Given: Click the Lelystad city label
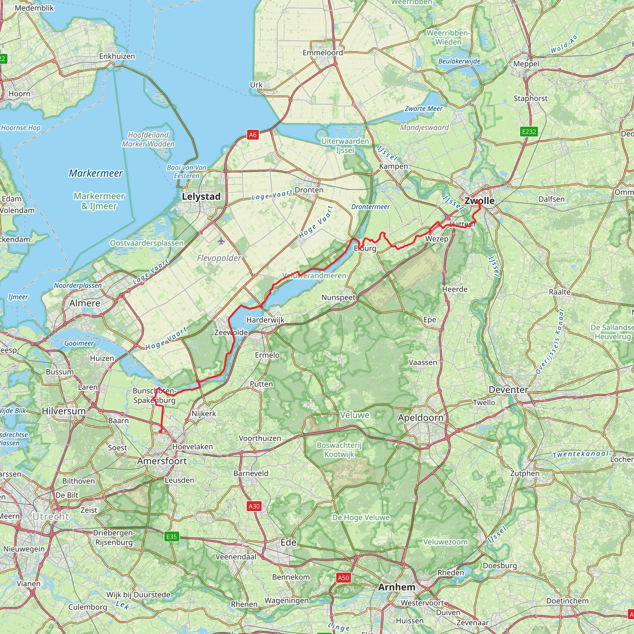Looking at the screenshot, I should (x=201, y=197).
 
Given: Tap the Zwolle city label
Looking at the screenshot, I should (x=480, y=201).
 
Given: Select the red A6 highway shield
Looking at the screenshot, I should (x=253, y=135).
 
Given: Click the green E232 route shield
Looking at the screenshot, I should (x=529, y=132).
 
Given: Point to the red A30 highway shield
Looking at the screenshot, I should (x=254, y=506).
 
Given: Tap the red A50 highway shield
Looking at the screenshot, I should (x=343, y=578).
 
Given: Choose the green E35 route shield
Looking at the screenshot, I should (x=172, y=536).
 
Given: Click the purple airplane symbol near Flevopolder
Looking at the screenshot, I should (x=221, y=241).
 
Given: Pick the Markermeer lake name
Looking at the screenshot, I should (x=96, y=173).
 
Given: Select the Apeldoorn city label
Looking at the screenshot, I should (x=421, y=418).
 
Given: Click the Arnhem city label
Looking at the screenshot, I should (x=397, y=587).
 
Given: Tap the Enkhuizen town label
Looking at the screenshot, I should (x=117, y=56).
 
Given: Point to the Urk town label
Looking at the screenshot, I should (x=256, y=85).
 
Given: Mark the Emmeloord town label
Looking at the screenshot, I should (x=323, y=53).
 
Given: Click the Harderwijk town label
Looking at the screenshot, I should (x=266, y=320).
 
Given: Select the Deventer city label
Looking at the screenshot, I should (x=508, y=389).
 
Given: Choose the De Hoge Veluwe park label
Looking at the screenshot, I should (x=361, y=518).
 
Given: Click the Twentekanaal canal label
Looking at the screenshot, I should (x=580, y=454).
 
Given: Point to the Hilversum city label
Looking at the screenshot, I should (x=64, y=411).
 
